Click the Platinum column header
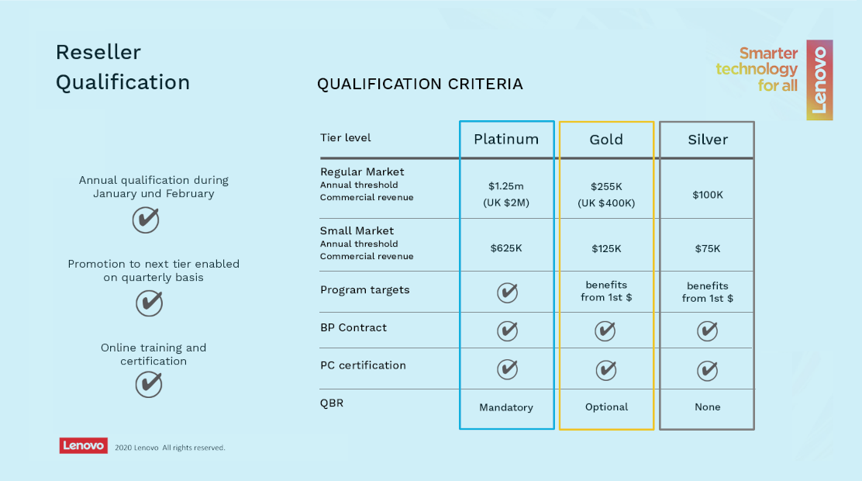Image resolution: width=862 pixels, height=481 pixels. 506,139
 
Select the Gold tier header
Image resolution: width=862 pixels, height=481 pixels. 606,140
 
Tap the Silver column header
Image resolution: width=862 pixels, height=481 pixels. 708,140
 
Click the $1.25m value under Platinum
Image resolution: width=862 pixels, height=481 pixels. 505,186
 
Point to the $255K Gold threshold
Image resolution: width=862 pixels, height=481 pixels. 606,186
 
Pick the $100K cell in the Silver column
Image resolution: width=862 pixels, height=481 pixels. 708,195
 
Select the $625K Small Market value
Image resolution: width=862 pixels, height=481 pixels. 505,248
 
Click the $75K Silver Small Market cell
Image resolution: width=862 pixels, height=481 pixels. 708,249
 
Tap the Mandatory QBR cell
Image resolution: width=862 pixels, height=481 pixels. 505,407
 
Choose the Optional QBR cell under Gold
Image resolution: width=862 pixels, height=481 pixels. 606,407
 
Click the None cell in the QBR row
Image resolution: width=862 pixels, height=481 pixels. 708,407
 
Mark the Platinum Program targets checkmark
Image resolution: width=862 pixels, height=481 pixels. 507,292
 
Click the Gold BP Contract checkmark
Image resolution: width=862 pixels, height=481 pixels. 605,330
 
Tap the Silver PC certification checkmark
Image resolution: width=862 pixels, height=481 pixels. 707,370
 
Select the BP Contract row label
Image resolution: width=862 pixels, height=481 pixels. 353,327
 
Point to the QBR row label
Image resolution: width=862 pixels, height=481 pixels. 332,403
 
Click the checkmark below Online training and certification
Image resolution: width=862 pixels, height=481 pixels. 149,384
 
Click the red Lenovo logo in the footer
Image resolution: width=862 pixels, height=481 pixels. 84,446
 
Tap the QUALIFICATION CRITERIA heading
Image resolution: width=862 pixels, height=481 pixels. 420,84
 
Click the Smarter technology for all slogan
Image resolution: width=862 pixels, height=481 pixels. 757,69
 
